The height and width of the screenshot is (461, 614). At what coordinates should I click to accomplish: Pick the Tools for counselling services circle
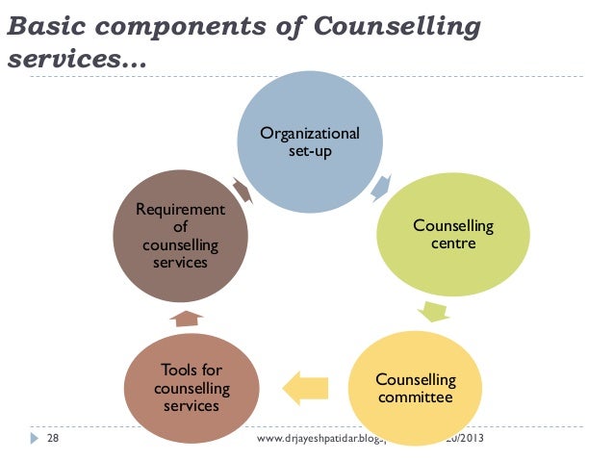192,388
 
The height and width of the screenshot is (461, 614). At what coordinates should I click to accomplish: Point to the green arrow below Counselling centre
432,312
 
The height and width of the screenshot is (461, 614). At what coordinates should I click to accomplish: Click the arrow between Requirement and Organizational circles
241,189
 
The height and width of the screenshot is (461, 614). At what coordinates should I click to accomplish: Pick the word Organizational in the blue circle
310,133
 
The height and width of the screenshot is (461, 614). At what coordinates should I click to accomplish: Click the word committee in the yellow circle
415,396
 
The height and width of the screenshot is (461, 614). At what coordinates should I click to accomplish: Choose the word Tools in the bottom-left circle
178,371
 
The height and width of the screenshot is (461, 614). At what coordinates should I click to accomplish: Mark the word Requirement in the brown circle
180,209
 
